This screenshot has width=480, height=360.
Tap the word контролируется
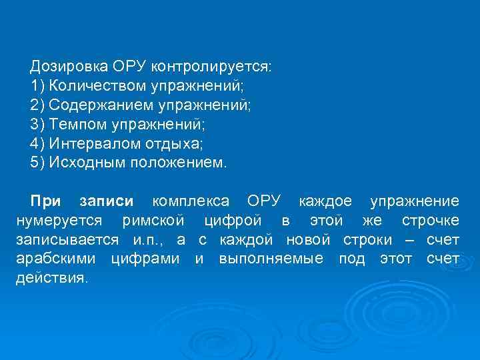pos(211,67)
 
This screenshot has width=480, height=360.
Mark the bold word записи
pos(107,201)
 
